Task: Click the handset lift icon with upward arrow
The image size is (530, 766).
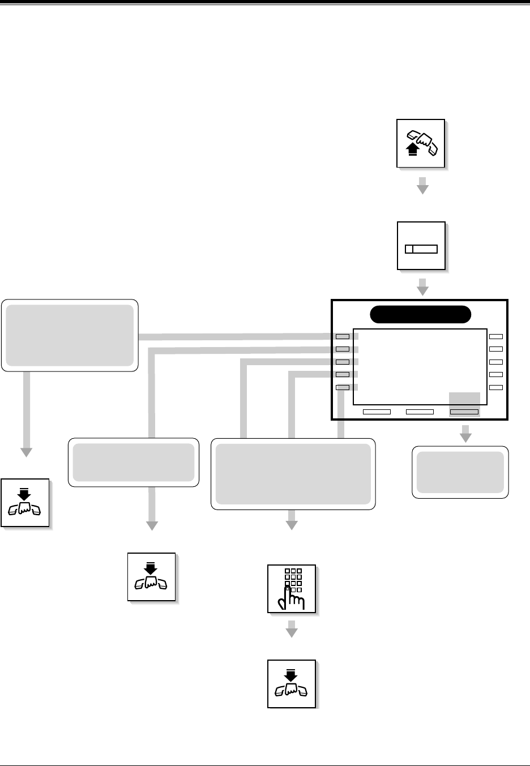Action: [421, 143]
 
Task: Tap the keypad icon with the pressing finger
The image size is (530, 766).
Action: [292, 588]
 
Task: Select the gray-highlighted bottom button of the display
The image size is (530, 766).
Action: [464, 412]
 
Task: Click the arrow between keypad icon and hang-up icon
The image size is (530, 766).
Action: [292, 629]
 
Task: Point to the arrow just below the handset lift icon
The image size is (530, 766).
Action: [422, 186]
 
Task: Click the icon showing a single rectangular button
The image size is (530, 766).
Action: [421, 246]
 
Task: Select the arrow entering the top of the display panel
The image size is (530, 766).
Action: [422, 287]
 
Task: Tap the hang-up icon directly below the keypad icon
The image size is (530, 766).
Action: [292, 683]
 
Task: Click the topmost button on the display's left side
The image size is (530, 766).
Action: [343, 336]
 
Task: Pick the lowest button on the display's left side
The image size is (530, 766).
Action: [343, 388]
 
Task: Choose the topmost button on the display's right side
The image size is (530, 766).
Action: [496, 336]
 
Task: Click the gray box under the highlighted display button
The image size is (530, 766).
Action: [460, 472]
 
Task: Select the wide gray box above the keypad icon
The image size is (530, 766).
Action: [293, 474]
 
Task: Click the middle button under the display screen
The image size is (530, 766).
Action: [420, 412]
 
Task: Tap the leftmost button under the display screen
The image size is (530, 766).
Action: [377, 412]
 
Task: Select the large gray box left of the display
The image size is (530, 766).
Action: [70, 335]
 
